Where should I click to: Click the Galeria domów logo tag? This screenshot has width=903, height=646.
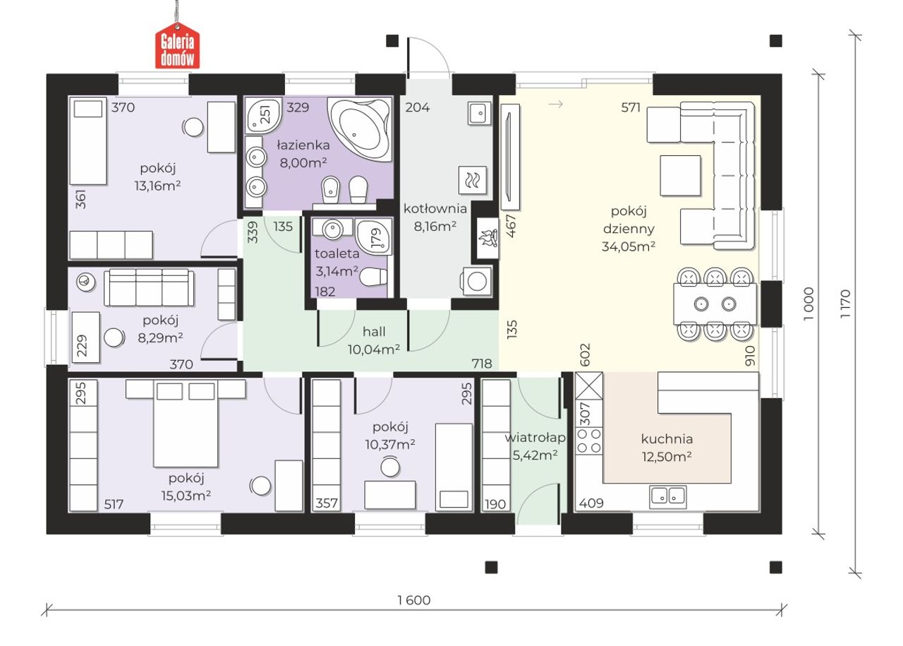177,46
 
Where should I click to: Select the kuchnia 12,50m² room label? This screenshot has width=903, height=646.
667,448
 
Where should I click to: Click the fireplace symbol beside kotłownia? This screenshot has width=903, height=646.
487,239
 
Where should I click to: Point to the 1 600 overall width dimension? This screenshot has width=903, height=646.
414,600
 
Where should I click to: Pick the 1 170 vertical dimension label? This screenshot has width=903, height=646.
845,304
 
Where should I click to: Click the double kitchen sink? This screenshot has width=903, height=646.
668,496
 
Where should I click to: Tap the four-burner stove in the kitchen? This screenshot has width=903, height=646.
589,441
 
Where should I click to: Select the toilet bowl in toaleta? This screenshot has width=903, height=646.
373,277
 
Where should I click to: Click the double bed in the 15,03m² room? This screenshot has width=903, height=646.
186,424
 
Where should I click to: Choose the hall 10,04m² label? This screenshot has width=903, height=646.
374,340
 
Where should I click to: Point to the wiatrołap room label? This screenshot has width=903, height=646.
535,438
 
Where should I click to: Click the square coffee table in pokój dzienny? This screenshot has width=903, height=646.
680,176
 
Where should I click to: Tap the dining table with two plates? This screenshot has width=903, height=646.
715,304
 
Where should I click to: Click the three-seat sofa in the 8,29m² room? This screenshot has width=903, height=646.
149,287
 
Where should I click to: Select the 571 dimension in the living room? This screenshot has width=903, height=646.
631,107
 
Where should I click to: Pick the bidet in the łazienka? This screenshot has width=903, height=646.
331,190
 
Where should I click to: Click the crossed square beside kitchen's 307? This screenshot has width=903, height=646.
589,386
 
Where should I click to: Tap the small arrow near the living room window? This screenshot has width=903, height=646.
555,104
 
